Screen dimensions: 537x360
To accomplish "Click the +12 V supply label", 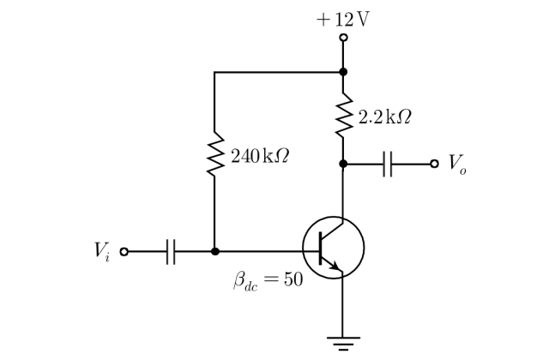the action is (343, 19).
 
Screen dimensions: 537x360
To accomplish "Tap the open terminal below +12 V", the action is (343, 38).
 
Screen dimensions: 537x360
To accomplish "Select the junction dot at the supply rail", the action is (343, 72).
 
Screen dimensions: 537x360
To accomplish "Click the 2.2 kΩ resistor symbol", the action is (344, 115).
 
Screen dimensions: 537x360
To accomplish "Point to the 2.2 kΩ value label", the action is (384, 117).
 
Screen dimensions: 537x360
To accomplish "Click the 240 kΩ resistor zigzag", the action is (215, 154).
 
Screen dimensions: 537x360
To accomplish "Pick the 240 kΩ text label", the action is (260, 156).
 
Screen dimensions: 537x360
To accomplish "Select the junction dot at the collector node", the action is (343, 164).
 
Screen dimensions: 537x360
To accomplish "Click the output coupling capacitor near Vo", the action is (388, 165).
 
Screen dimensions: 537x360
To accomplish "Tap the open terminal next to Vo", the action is (434, 164).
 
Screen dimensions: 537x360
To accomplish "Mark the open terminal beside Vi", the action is (124, 252).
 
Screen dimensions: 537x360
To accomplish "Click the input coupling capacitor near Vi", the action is (171, 252).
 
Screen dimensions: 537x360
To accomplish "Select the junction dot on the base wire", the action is (215, 252).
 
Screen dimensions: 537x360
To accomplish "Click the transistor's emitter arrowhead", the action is (335, 265).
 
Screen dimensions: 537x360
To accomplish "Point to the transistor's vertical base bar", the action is (321, 248).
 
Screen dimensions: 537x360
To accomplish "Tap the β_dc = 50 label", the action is (268, 280).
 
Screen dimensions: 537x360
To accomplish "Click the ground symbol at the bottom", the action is (343, 344).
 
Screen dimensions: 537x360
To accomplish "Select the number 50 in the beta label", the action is (293, 279).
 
